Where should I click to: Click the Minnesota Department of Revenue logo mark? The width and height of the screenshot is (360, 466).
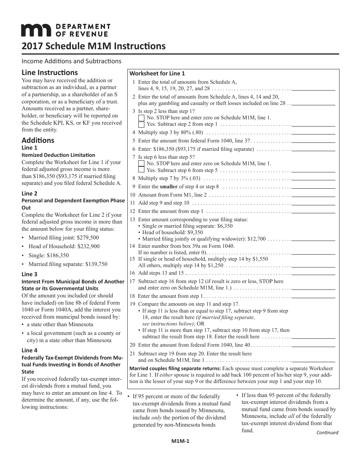(36, 30)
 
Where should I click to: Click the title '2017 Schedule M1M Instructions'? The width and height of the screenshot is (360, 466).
(94, 46)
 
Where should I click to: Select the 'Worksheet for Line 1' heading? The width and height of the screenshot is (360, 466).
(157, 73)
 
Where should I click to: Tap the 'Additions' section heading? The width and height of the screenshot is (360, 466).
(38, 140)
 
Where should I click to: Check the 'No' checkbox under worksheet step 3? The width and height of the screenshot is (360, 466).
(141, 118)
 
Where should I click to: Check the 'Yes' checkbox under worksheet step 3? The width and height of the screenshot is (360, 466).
(141, 124)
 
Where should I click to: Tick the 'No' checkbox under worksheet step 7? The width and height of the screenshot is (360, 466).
(141, 164)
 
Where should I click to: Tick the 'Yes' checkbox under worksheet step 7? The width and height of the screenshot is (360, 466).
(141, 170)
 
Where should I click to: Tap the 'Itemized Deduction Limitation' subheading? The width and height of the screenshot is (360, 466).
(58, 155)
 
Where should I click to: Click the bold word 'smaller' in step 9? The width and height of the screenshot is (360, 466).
(169, 186)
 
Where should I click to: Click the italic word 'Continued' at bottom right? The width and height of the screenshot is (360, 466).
(327, 432)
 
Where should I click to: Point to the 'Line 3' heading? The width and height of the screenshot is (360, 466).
(30, 274)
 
